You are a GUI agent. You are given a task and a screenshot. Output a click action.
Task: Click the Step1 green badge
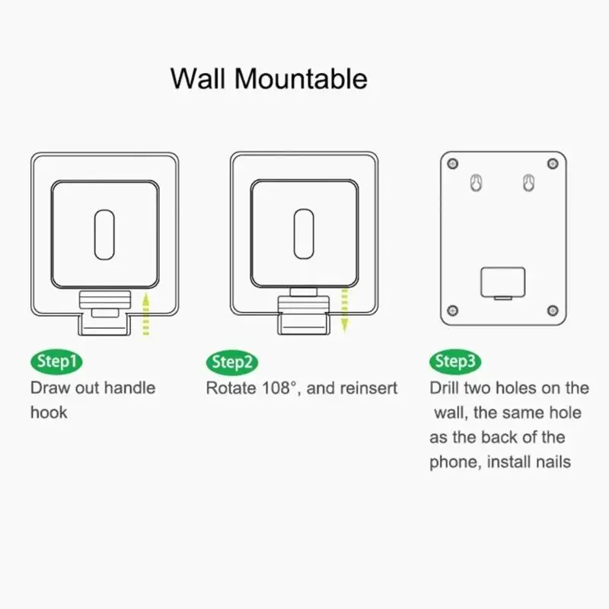[56, 362]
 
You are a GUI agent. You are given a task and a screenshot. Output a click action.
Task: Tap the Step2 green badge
[231, 362]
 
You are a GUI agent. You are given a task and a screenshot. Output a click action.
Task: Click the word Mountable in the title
[301, 78]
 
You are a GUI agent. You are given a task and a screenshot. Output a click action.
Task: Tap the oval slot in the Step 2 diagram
[304, 231]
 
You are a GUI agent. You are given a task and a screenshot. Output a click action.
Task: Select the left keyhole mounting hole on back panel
[476, 184]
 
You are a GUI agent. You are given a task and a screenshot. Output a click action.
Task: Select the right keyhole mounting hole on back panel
[527, 184]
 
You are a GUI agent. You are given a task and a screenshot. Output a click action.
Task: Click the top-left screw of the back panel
[454, 164]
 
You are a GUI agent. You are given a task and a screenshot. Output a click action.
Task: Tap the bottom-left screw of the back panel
[454, 309]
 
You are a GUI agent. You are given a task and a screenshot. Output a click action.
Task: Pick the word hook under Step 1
[49, 413]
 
